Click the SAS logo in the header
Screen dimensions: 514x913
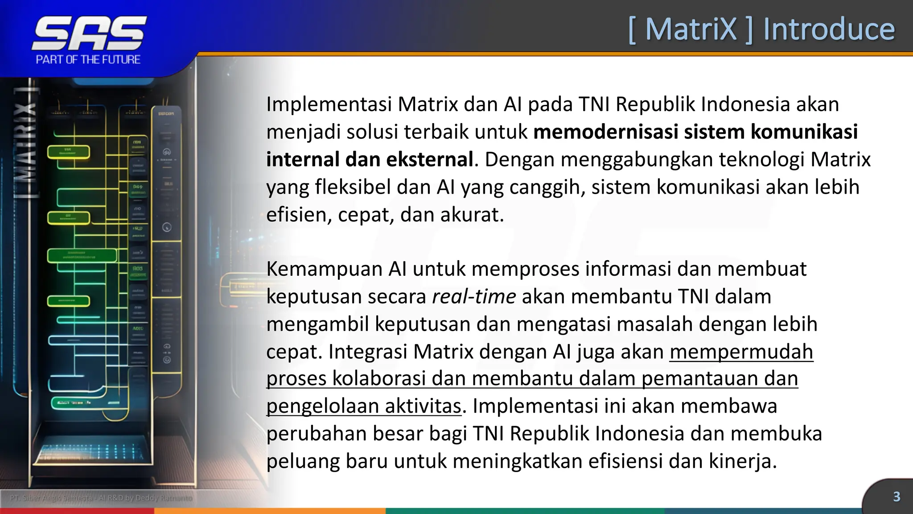click(89, 33)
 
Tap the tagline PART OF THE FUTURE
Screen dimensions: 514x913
click(88, 60)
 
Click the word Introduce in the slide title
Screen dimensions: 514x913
click(829, 29)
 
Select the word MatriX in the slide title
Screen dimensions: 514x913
click(691, 29)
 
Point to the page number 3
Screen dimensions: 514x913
click(897, 497)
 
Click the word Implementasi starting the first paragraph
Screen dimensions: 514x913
click(329, 104)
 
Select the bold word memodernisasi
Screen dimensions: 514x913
click(605, 132)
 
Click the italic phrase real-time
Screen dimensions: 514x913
click(474, 297)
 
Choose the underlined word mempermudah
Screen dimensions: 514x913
click(741, 352)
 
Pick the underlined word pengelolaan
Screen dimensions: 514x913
click(322, 406)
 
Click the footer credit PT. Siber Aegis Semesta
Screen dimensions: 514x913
click(51, 497)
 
